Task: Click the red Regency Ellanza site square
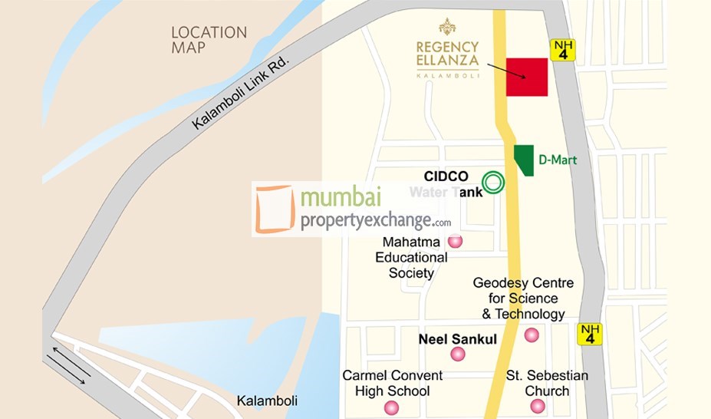click(527, 77)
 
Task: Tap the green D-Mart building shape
click(524, 160)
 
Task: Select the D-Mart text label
click(557, 160)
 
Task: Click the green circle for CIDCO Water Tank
click(495, 183)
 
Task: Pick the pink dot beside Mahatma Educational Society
click(456, 242)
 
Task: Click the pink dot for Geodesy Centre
click(532, 335)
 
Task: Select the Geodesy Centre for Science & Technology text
click(523, 299)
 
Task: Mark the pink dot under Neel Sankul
click(458, 354)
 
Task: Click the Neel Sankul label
click(457, 338)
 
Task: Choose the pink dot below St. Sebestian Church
click(538, 406)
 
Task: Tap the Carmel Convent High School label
click(392, 383)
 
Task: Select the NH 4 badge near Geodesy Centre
click(590, 334)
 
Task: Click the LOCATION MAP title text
click(209, 40)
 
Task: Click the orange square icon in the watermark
click(275, 208)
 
